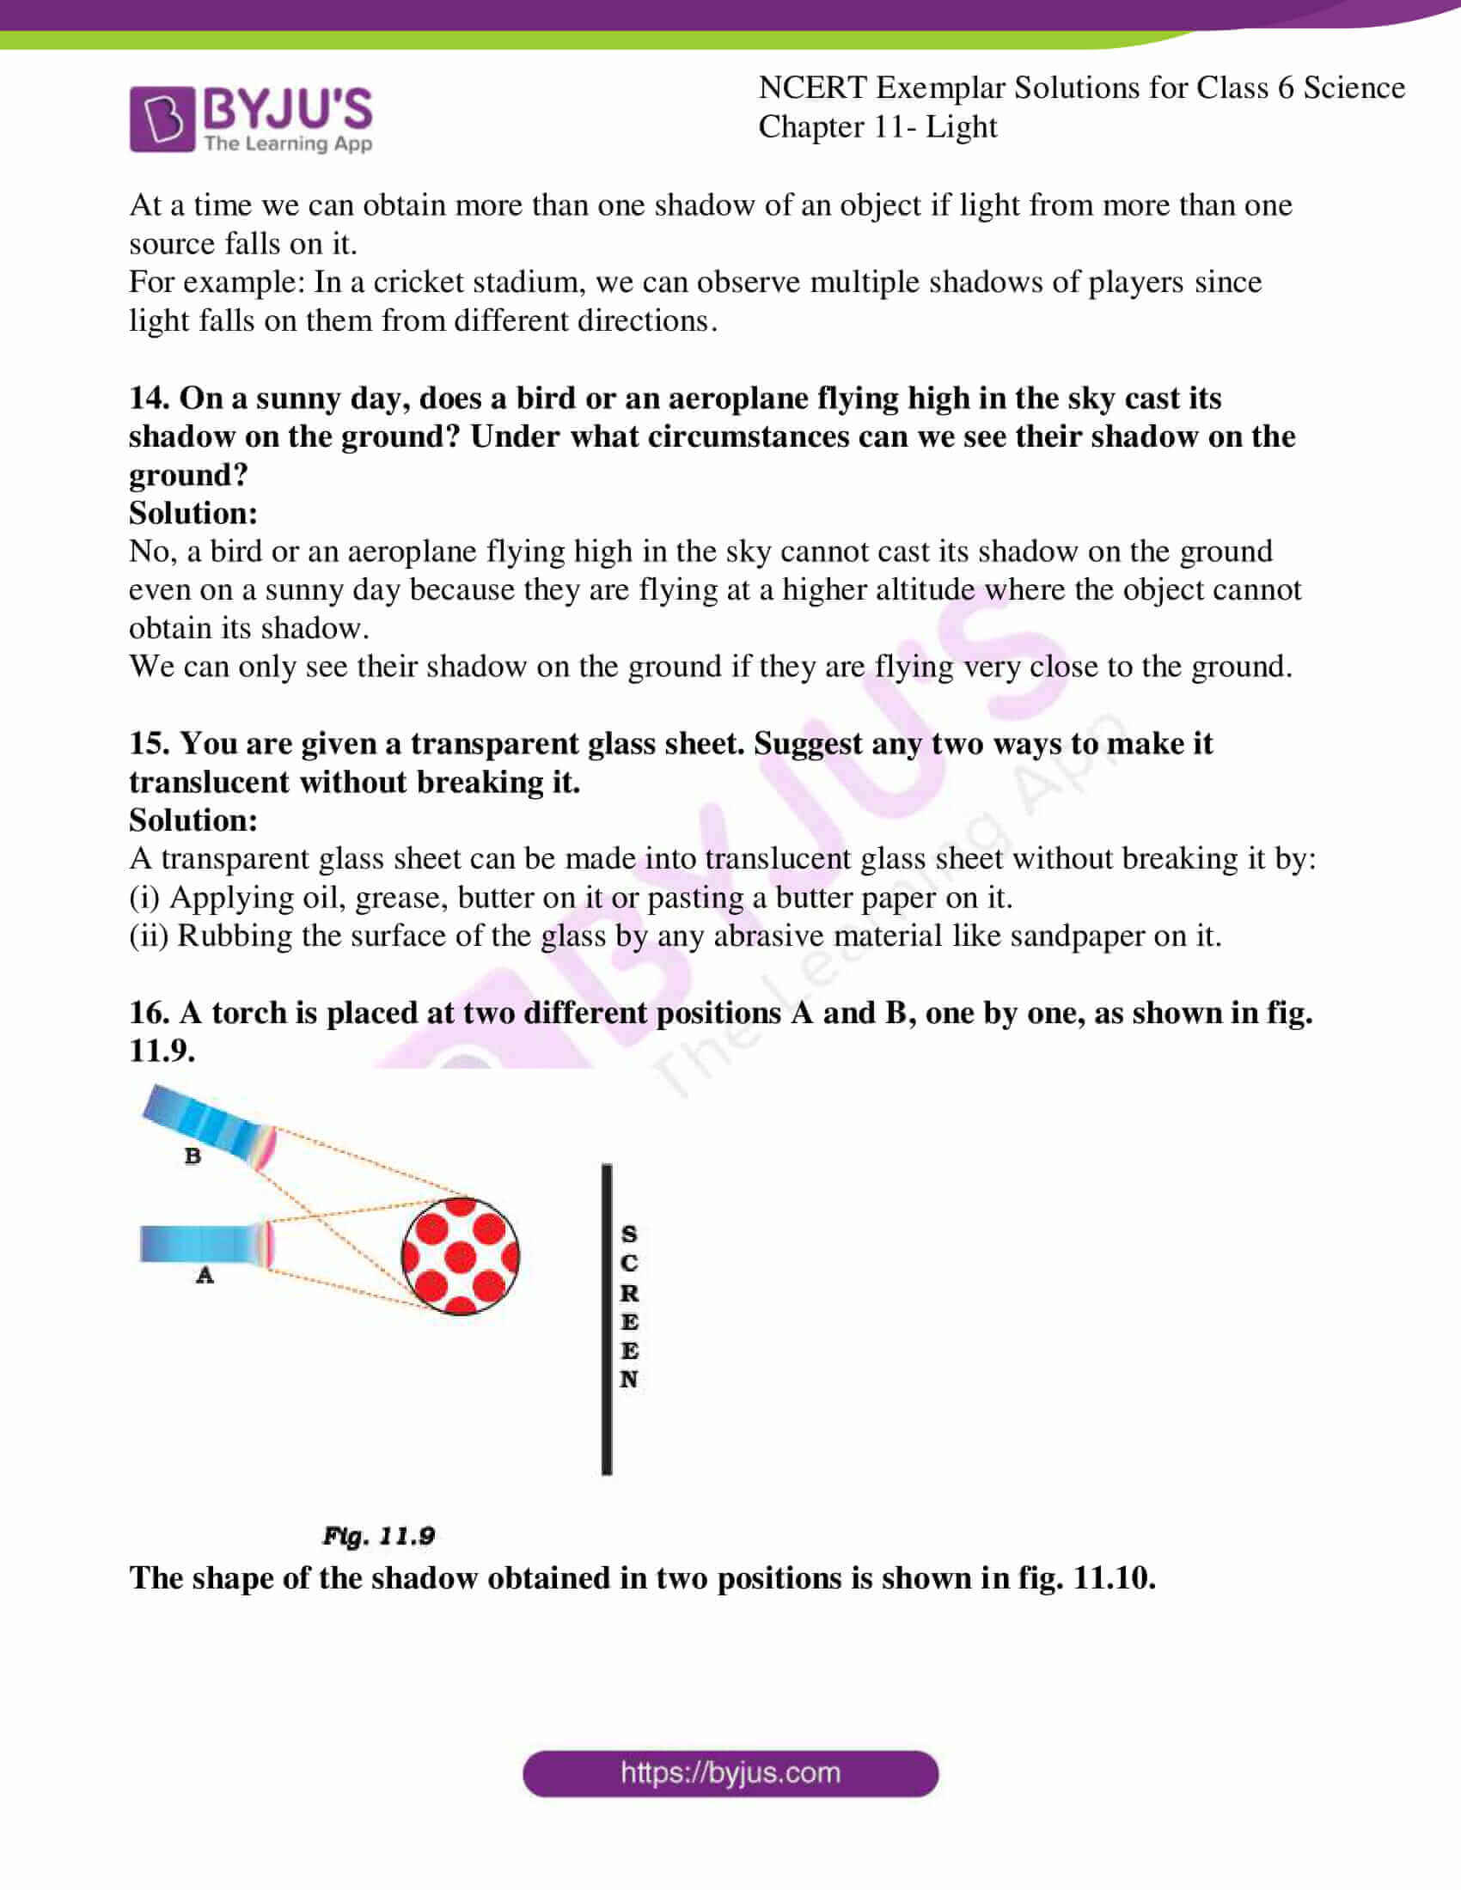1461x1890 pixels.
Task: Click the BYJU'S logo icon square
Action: point(161,119)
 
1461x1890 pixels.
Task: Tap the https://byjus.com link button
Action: point(730,1773)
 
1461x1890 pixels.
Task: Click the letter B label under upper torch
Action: point(193,1155)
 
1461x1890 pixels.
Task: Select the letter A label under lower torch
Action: point(205,1275)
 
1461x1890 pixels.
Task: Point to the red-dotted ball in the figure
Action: point(461,1256)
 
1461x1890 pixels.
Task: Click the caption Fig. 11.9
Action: point(378,1536)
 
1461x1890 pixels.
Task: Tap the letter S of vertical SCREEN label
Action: point(629,1234)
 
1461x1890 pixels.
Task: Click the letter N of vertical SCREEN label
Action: point(629,1380)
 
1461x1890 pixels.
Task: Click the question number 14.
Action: point(149,398)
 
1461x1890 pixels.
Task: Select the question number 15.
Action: point(149,743)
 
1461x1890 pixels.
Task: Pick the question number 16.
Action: point(149,1013)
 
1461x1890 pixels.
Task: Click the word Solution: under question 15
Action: point(193,820)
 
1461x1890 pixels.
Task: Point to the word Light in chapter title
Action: point(961,127)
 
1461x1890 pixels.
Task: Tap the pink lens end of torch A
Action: point(268,1245)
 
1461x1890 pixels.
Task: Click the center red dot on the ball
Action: point(461,1257)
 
